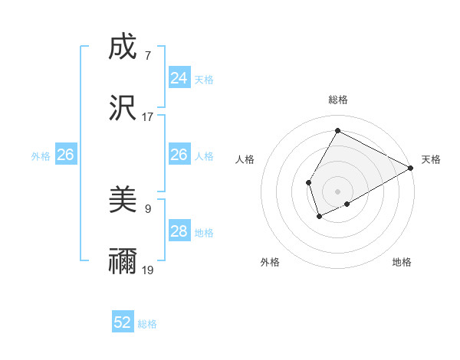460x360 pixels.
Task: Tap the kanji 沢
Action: [123, 108]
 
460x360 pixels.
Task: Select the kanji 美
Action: [123, 200]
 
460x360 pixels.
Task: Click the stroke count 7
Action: [147, 56]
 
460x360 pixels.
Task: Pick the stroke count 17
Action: [147, 117]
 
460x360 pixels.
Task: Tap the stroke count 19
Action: [147, 270]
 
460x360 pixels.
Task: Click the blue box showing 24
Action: [179, 77]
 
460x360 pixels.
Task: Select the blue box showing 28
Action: [179, 231]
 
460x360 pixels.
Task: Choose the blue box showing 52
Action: [123, 322]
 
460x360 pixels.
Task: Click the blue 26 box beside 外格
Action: [65, 155]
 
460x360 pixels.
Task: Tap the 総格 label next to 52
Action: [147, 324]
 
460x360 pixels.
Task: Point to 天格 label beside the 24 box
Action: [204, 80]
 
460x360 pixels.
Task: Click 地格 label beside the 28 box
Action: [204, 233]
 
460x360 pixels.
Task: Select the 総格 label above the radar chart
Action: [337, 100]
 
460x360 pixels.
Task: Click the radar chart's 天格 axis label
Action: [431, 159]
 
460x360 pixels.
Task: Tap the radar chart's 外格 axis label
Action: [270, 262]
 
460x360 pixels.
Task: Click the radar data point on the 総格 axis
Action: [337, 130]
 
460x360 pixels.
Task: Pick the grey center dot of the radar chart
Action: [337, 191]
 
